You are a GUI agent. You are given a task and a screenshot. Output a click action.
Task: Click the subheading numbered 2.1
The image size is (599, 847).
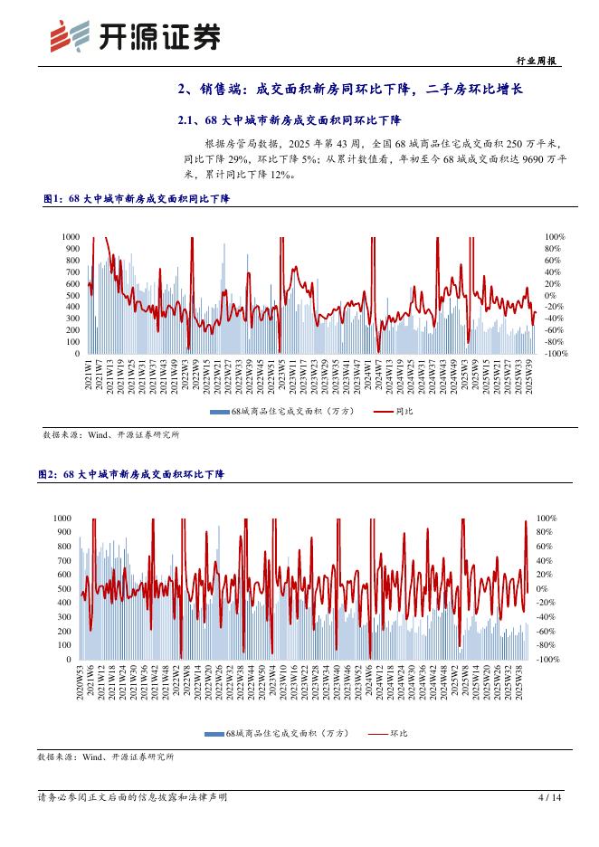tap(290, 120)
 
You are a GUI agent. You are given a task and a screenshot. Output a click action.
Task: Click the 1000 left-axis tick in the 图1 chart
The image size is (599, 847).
tap(71, 237)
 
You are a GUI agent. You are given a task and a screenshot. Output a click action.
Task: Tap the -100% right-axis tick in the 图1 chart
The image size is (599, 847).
tap(555, 354)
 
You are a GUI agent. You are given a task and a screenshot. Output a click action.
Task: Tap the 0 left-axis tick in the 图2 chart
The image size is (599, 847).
tap(68, 660)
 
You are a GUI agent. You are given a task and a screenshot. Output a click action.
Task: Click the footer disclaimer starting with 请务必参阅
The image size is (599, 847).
tap(132, 798)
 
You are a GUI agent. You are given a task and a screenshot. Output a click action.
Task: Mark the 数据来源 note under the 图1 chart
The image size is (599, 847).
tap(111, 435)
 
